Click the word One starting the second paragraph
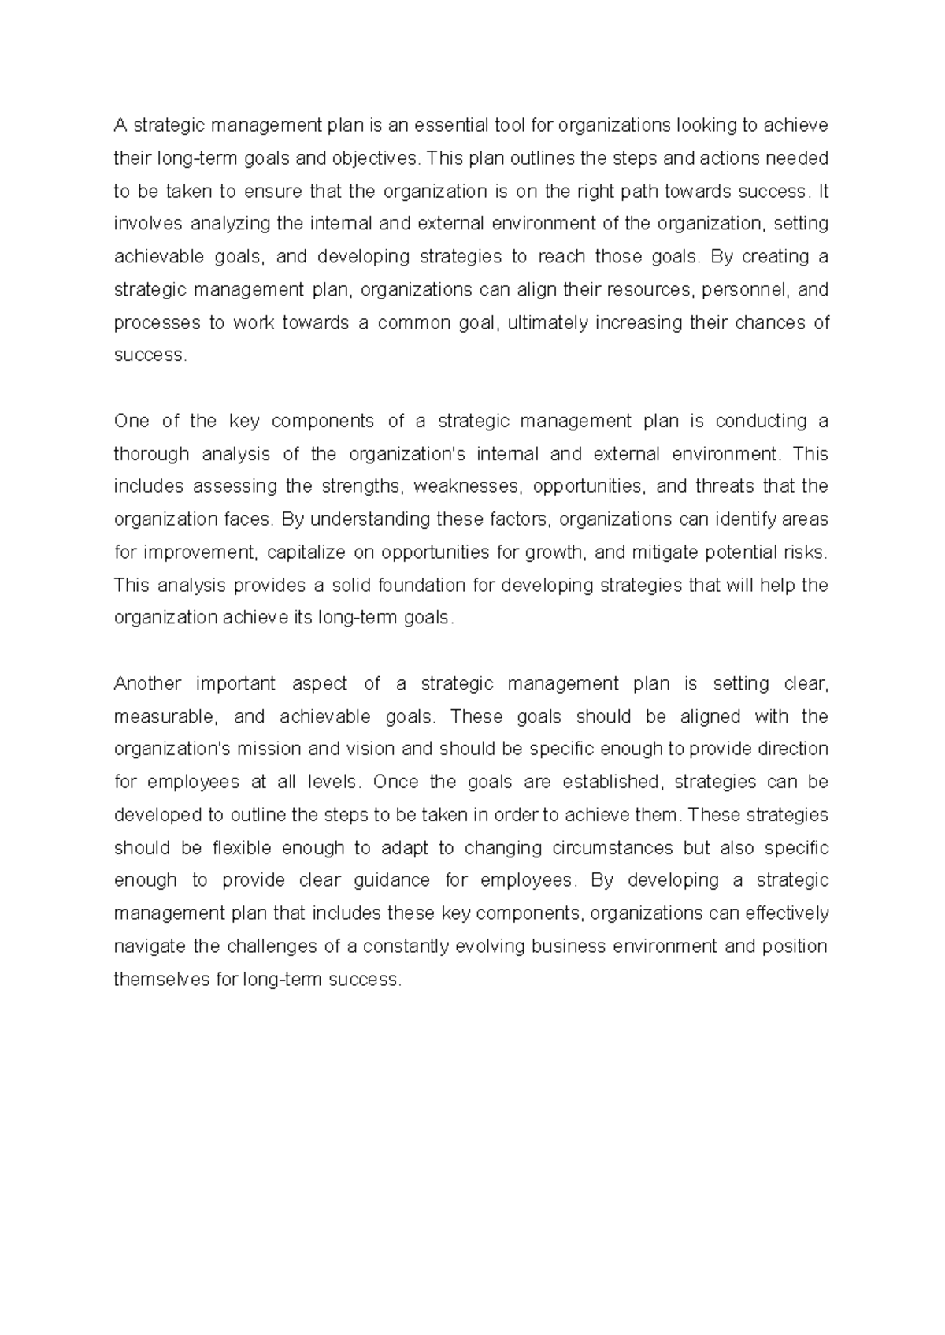[132, 421]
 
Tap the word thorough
[151, 454]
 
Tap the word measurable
[164, 717]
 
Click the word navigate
[150, 946]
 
